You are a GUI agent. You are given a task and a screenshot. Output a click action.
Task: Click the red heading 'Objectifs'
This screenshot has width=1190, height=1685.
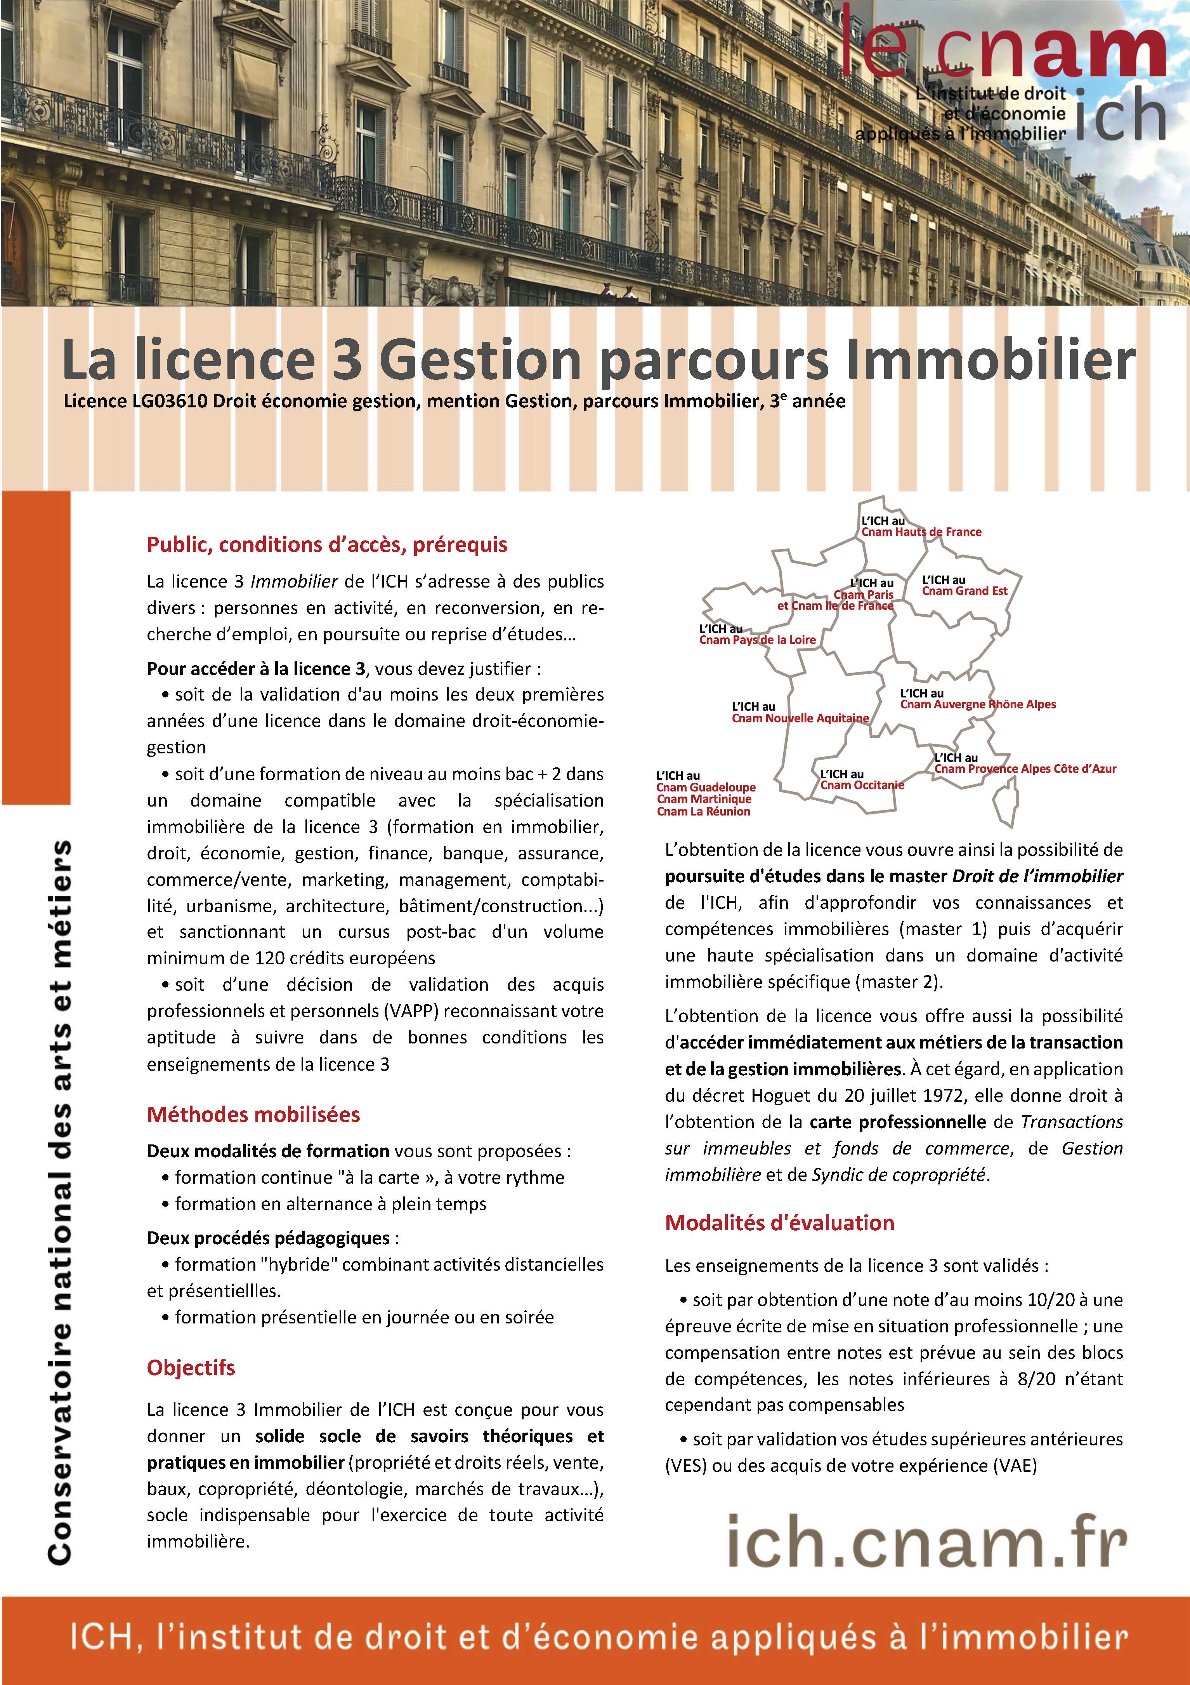(191, 1368)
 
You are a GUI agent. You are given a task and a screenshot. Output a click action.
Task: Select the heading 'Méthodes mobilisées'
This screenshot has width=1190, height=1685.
(253, 1115)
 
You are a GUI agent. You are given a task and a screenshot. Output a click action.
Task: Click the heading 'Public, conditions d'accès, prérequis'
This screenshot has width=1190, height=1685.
(327, 544)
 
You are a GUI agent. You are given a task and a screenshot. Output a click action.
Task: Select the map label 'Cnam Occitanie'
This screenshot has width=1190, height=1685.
(862, 785)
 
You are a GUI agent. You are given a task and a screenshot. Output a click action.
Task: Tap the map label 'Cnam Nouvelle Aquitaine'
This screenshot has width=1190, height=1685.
(800, 718)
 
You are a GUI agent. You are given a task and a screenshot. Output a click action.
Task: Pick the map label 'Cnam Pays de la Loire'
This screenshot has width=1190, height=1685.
(757, 640)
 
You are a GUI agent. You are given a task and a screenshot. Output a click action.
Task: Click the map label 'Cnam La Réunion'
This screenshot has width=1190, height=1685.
(704, 812)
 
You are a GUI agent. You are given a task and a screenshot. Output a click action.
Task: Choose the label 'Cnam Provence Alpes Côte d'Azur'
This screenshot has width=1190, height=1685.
(1025, 769)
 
